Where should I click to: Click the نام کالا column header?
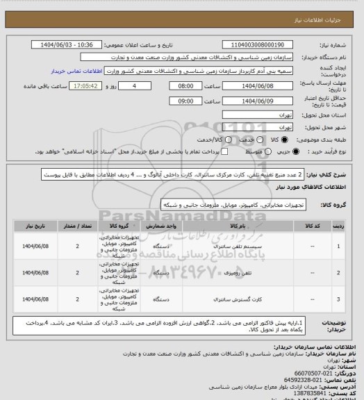tap(236, 226)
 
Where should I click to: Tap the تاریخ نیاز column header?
tap(33, 226)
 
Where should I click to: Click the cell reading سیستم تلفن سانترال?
tap(237, 246)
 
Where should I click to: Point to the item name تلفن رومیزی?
tap(237, 273)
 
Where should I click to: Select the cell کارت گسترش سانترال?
tap(237, 299)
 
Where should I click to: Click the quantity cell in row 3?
tap(77, 299)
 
